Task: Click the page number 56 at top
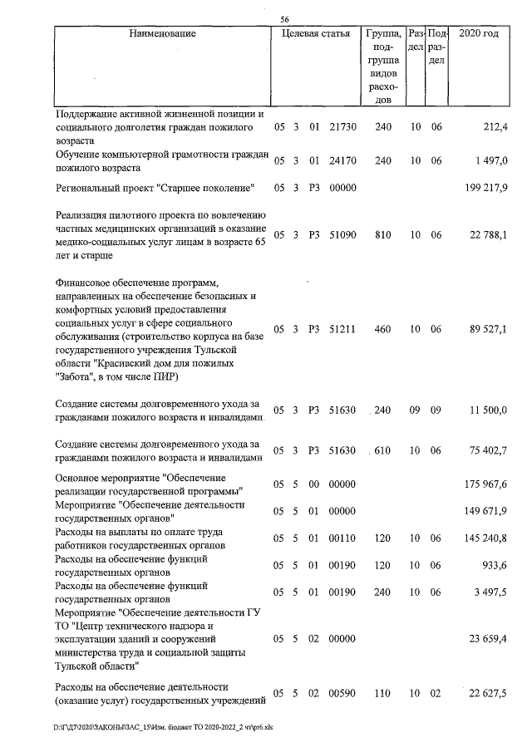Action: click(x=284, y=19)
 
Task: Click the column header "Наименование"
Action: click(x=162, y=34)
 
